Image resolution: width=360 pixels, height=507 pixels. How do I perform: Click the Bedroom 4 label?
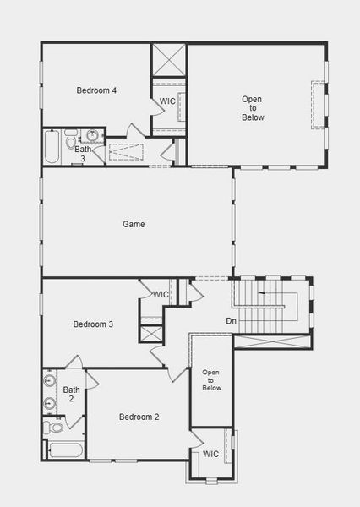(x=96, y=90)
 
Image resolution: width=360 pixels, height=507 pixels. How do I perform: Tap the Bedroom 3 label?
(x=93, y=324)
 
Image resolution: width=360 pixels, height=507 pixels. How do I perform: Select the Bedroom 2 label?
(x=139, y=417)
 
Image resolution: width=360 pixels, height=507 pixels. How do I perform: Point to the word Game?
(x=134, y=225)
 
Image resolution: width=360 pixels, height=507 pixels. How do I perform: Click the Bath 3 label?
(x=83, y=154)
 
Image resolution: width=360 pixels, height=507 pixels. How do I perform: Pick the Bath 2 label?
(x=71, y=395)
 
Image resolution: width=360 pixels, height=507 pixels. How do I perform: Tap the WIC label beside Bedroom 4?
(x=167, y=102)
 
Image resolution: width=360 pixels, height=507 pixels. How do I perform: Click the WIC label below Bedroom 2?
(x=210, y=455)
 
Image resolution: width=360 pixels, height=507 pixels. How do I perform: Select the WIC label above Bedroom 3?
(x=161, y=294)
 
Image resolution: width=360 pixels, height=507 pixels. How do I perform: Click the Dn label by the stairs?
(x=231, y=321)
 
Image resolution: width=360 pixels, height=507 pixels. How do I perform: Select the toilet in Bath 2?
(x=53, y=428)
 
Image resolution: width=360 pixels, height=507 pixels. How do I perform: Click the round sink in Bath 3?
(x=92, y=135)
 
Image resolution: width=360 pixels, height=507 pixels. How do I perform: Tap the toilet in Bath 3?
(x=71, y=135)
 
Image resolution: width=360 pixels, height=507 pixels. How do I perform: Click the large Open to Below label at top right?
(x=252, y=108)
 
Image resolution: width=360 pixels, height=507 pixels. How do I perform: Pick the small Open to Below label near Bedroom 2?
(x=211, y=380)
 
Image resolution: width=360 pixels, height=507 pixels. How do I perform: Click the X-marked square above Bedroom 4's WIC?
(x=168, y=59)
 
